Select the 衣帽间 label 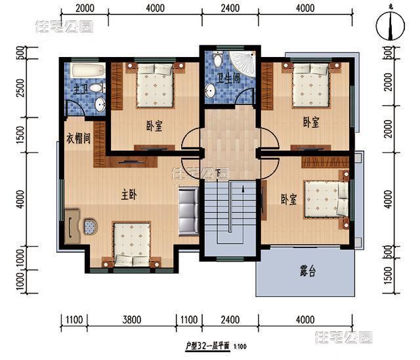coord(78,140)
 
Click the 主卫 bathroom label coord(80,89)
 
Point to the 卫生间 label coord(227,78)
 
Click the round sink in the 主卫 coord(99,104)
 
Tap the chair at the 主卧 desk coord(89,227)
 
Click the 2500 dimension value coord(20,87)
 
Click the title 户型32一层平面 coord(211,345)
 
